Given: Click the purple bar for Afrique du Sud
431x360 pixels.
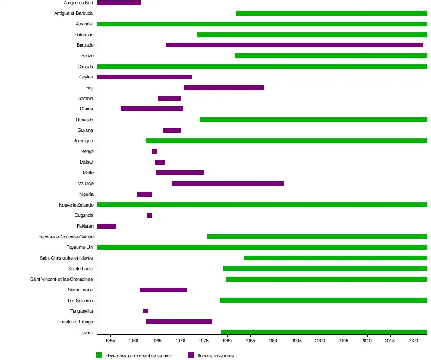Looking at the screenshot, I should (x=119, y=3).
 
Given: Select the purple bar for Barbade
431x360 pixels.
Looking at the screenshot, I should (x=294, y=45).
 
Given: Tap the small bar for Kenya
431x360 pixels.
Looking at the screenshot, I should (x=155, y=152).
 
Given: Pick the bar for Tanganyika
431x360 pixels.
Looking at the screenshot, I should (x=145, y=311).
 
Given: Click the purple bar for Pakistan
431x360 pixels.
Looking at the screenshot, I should (x=107, y=226).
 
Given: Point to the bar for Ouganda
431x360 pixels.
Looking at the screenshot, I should (x=149, y=216).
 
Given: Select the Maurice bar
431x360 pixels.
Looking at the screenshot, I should (x=228, y=184).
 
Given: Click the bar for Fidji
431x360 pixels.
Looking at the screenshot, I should (x=224, y=88).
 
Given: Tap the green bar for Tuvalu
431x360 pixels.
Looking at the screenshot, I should (x=324, y=332).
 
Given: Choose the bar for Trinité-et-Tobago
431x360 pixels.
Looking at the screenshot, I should (x=179, y=322).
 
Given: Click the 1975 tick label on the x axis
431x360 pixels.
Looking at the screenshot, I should (x=204, y=341).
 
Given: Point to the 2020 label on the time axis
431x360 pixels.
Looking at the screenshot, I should (x=414, y=341).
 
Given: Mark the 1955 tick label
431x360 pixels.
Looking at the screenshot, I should (x=111, y=341).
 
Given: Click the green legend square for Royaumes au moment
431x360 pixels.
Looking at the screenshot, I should (x=99, y=355).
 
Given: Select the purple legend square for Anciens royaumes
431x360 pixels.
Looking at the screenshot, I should (x=191, y=355).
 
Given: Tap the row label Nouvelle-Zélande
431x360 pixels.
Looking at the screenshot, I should (x=76, y=205).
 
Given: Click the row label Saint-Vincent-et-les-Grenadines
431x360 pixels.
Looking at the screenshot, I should (x=61, y=279).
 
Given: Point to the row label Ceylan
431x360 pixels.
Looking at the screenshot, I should (x=86, y=77).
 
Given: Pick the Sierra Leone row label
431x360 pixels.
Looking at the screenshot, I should (x=80, y=290).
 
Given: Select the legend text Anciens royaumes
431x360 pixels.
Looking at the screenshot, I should (x=215, y=356).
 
